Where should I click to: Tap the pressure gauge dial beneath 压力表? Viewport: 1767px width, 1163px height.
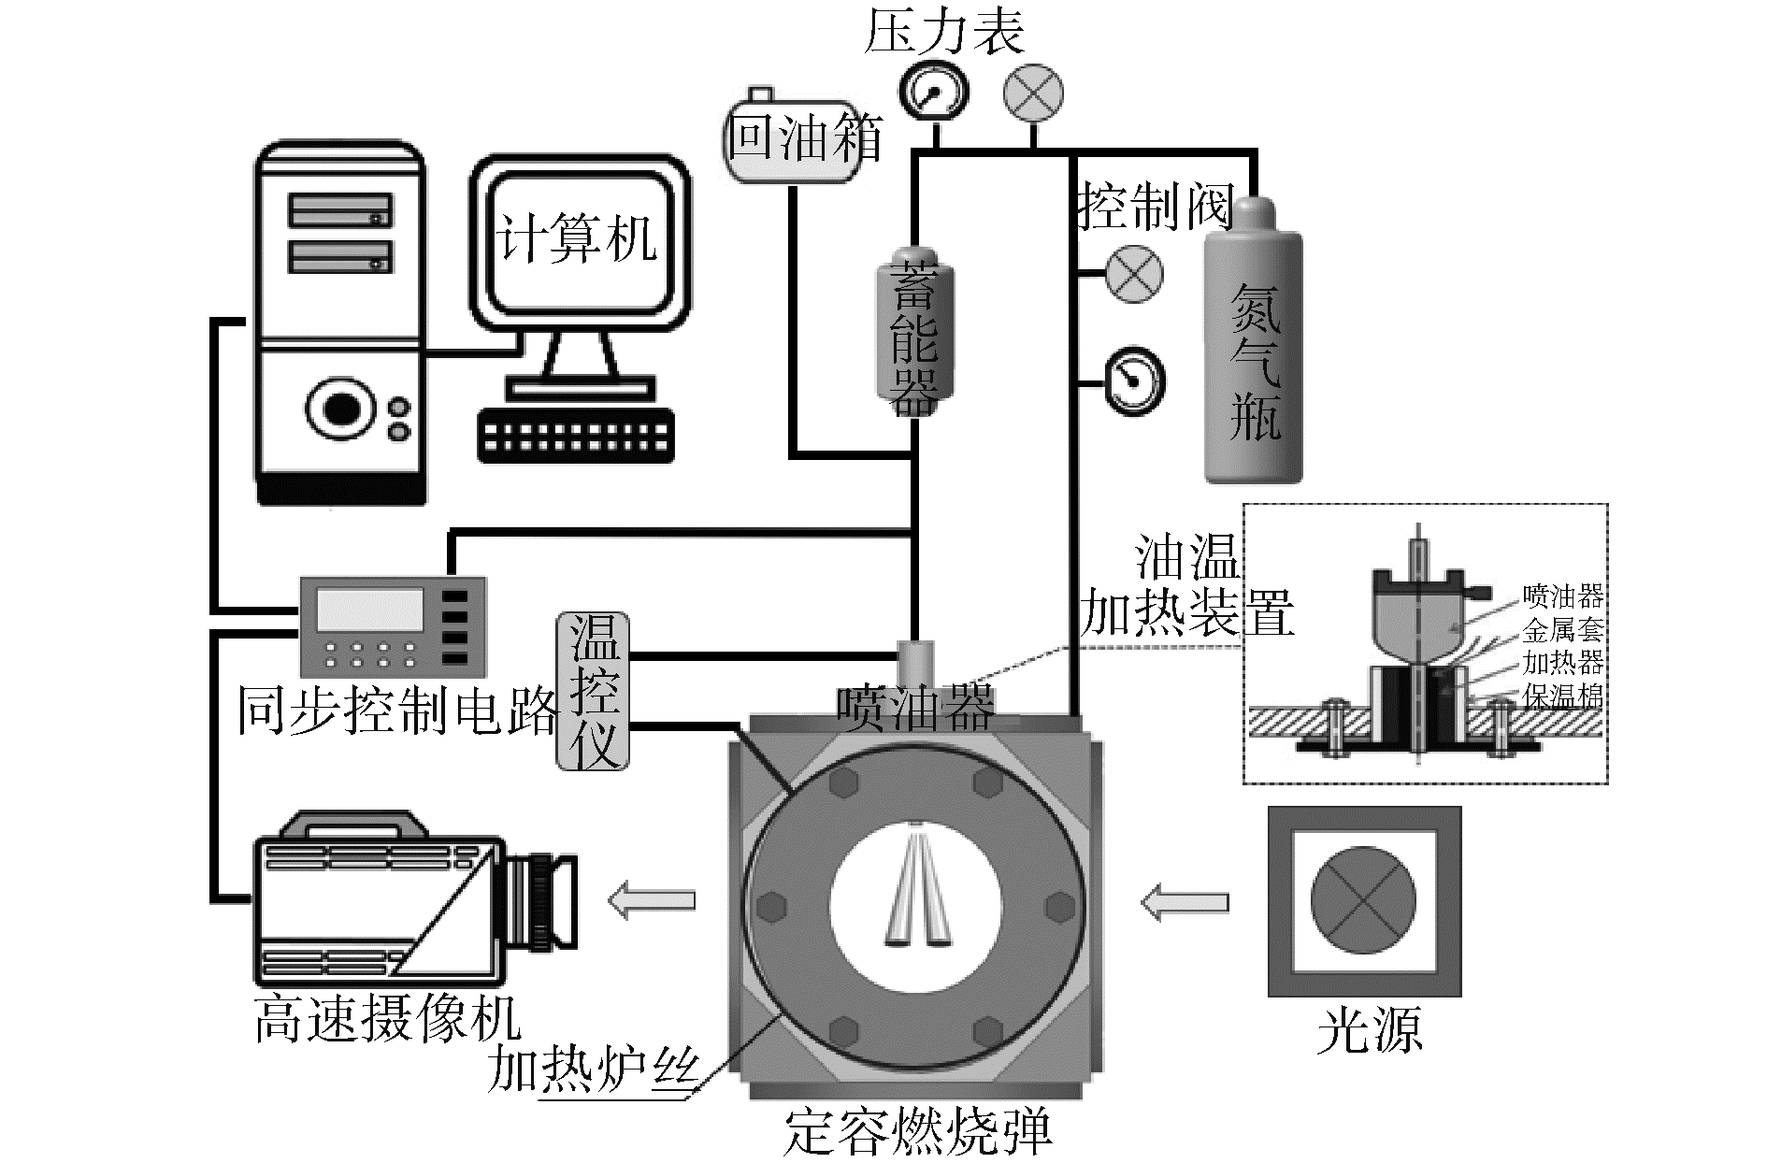933,93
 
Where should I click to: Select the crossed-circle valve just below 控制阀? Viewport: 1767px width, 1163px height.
1134,273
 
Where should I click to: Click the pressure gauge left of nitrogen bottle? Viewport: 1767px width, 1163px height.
1135,380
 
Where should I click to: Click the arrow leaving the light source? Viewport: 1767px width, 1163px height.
1184,902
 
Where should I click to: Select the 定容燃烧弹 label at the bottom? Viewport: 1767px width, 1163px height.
916,1131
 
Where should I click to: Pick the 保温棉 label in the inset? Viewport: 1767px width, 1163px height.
1562,696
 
